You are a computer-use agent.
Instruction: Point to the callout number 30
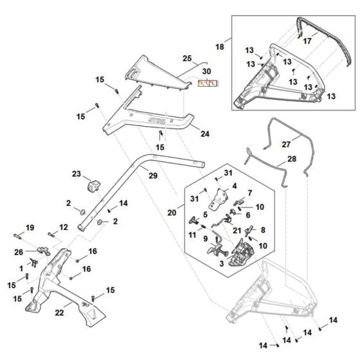point(206,71)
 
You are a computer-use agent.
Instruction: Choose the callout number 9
point(206,239)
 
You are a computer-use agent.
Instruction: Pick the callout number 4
point(235,186)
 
